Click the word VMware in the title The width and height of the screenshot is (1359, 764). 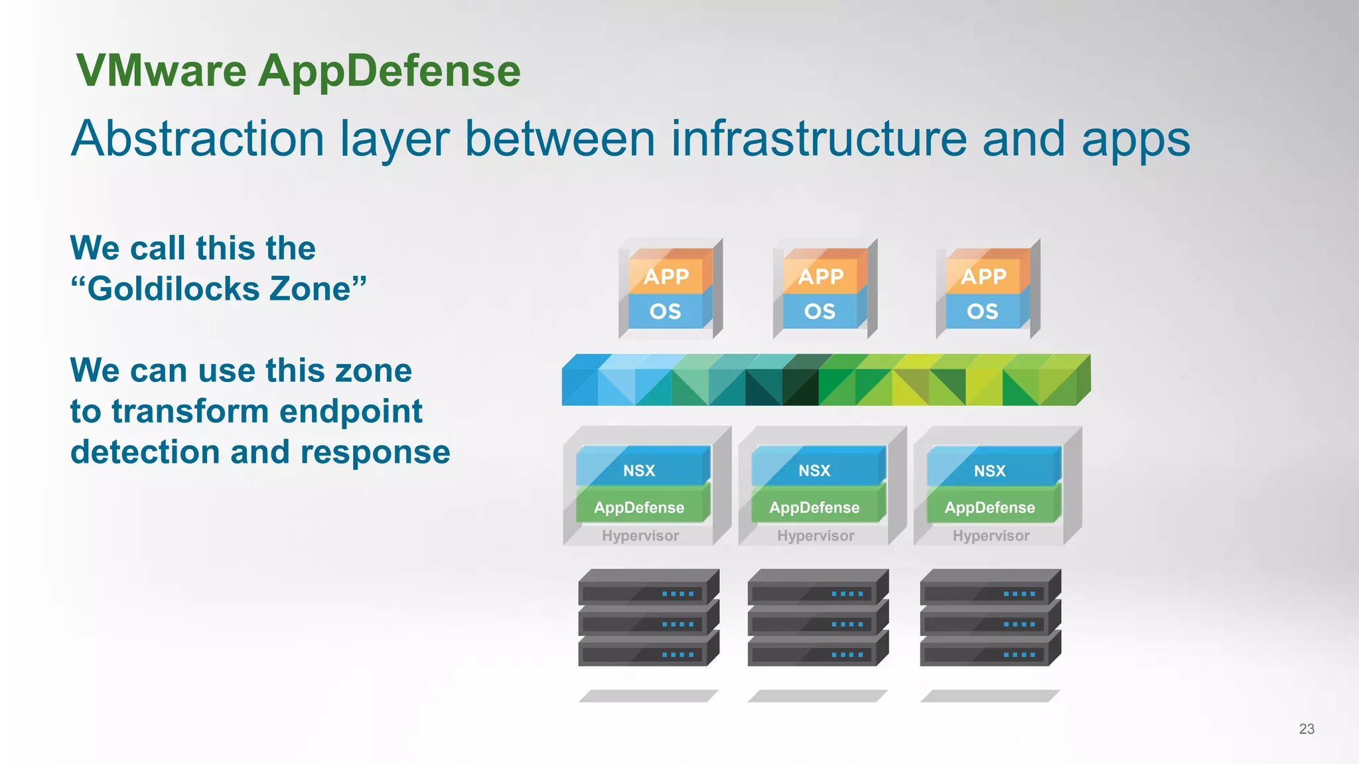click(x=161, y=70)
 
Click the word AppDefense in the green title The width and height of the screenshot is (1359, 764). click(x=389, y=72)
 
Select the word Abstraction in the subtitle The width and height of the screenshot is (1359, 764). click(x=198, y=139)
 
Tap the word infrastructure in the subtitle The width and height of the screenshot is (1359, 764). click(x=818, y=139)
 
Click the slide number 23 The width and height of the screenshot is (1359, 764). click(x=1306, y=729)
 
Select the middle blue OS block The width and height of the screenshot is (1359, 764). click(x=820, y=311)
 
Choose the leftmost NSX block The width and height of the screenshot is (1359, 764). click(x=639, y=470)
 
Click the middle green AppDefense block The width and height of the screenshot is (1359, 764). click(x=814, y=507)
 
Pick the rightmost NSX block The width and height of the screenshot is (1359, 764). click(x=989, y=470)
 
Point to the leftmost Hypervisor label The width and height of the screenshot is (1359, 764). click(x=640, y=536)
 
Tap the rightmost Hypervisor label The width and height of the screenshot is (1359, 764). click(x=991, y=536)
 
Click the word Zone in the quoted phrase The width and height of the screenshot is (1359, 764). click(x=310, y=289)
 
